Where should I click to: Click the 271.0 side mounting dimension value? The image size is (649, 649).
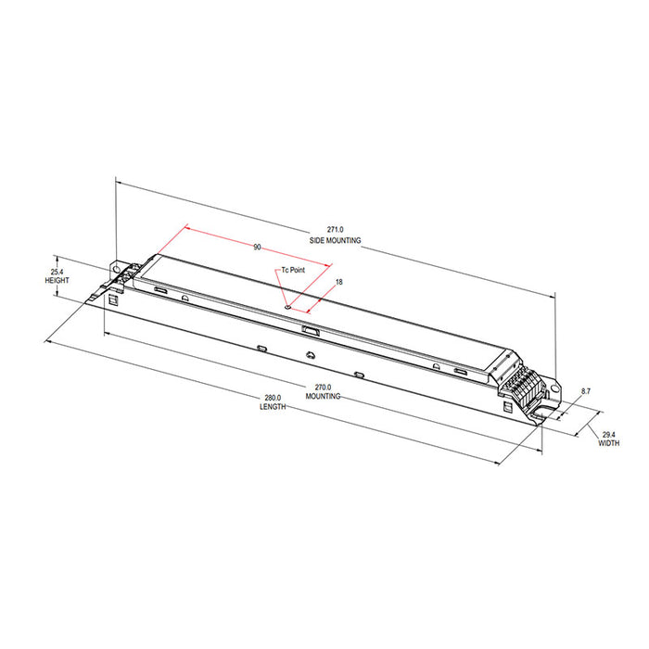335,229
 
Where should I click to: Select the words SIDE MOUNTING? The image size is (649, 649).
335,239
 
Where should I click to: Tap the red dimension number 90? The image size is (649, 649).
257,248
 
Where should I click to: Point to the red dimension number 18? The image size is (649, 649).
339,281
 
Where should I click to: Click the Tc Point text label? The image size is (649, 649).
292,270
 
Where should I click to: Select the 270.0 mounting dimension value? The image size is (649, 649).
324,387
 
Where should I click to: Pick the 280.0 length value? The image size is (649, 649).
272,399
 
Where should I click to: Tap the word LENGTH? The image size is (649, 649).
272,409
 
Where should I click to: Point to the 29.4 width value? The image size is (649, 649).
609,434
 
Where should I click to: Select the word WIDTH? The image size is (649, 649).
609,443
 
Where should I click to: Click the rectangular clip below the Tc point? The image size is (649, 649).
310,328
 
